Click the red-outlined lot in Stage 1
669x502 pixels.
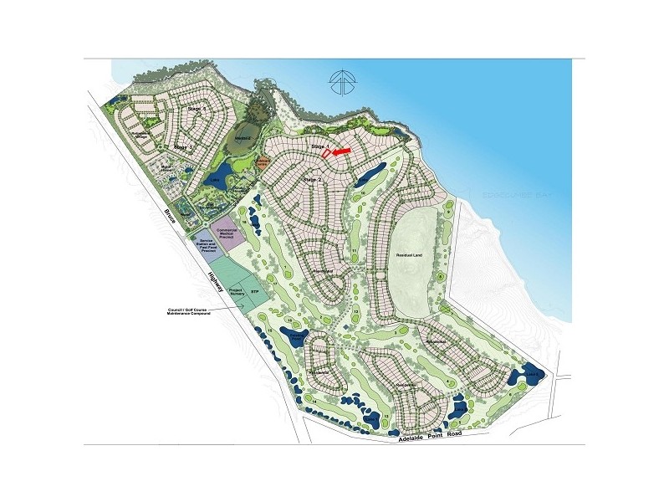(328, 155)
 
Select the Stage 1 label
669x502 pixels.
(318, 147)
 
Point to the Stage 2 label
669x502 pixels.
(311, 179)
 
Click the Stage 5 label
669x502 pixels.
(197, 110)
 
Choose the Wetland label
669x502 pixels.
(243, 138)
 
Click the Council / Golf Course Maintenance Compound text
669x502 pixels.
(188, 311)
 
